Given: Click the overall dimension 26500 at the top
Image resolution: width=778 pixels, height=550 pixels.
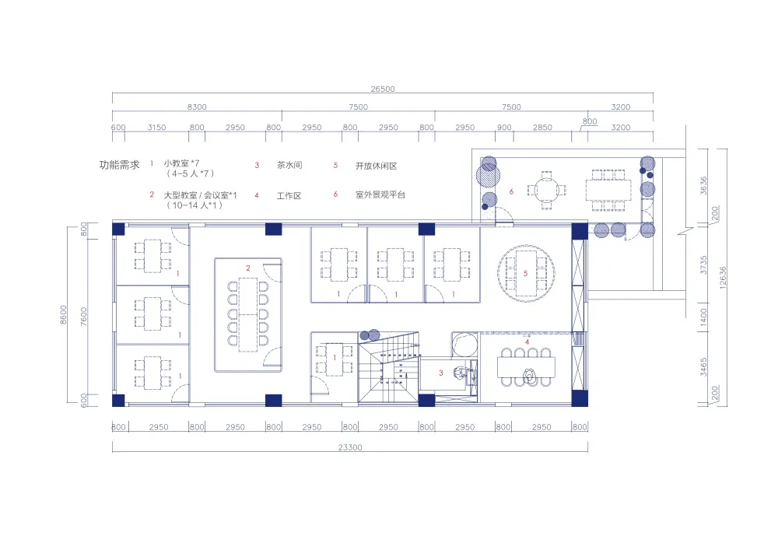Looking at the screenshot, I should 383,89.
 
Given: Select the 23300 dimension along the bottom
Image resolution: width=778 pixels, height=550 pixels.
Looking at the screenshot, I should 349,447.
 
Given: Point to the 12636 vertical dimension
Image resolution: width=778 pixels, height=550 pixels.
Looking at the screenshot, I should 724,276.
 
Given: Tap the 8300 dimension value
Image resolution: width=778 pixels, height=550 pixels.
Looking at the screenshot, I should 197,107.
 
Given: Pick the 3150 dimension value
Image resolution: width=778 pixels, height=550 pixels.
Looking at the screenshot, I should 157,128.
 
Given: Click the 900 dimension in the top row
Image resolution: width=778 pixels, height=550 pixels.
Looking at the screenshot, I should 504,128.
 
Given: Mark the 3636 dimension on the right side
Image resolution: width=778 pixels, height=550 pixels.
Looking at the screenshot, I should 703,185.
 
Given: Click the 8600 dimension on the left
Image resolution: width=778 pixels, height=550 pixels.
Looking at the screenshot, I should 64,314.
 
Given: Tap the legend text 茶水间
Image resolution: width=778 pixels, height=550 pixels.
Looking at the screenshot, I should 289,166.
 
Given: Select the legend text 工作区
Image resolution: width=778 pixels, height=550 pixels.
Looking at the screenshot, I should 289,196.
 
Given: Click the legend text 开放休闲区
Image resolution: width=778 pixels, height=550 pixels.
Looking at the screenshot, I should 376,166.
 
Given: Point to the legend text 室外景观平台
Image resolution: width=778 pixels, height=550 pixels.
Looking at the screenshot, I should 380,194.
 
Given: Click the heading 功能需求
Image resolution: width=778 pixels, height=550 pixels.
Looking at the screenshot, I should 119,166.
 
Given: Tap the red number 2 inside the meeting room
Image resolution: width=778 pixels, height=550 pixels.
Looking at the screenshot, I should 248,268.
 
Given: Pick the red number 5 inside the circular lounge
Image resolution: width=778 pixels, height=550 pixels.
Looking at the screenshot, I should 527,273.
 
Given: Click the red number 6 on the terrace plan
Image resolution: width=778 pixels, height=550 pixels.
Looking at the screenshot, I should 511,191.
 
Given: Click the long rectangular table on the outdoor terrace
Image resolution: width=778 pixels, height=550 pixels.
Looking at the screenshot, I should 611,189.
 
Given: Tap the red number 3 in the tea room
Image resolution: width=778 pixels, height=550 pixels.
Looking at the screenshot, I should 441,373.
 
